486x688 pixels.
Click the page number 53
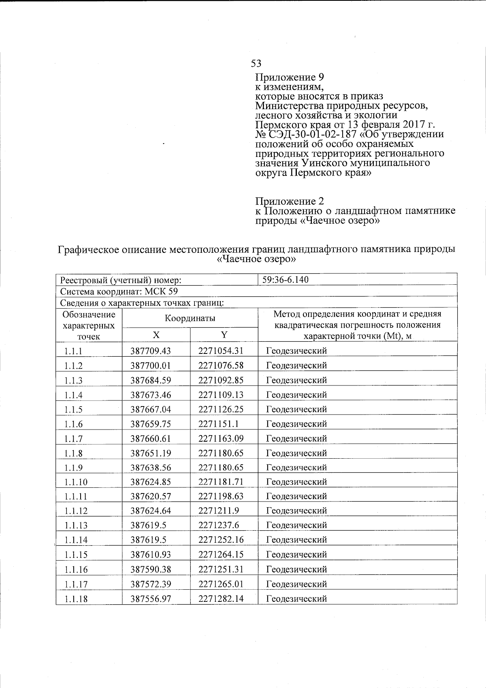256,64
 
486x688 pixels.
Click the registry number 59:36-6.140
286,279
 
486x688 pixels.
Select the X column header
156,334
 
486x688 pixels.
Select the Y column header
224,334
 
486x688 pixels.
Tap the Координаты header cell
190,318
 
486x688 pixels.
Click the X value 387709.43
151,351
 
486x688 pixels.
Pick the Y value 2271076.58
221,366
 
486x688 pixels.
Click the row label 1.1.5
73,410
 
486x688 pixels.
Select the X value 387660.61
151,438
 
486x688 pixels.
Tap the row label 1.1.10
76,482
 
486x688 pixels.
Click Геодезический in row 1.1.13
296,525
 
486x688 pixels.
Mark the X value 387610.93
151,555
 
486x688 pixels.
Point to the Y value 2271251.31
221,569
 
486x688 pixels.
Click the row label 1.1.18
76,599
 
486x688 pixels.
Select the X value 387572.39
151,584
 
